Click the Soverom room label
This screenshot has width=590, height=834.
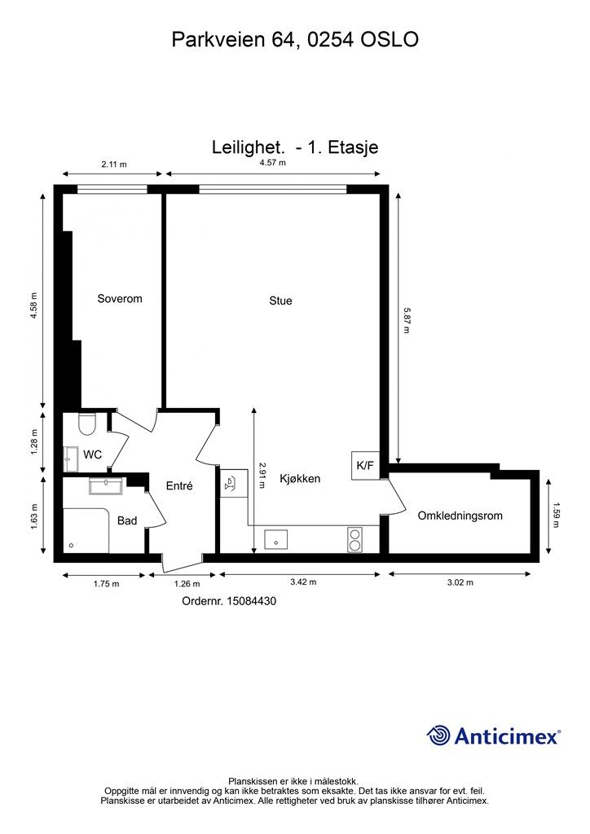tap(120, 298)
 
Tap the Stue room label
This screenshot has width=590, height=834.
tap(280, 301)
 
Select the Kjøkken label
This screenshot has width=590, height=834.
tap(300, 479)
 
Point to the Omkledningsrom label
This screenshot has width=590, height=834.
tap(460, 516)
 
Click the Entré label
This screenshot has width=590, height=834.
tap(179, 485)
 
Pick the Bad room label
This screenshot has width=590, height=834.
tap(127, 520)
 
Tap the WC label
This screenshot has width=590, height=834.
tap(93, 454)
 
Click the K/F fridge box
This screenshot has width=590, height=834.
tap(365, 465)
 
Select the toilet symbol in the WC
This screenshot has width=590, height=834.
tap(86, 423)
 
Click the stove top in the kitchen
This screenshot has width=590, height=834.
tap(354, 539)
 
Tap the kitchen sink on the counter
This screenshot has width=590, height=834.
tap(276, 539)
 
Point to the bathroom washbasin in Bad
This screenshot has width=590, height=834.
tap(106, 485)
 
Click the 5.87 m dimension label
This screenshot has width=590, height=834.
tap(407, 320)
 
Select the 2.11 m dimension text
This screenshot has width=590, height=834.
tap(114, 165)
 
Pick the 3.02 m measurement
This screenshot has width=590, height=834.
tap(460, 582)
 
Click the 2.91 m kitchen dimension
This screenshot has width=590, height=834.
tap(262, 476)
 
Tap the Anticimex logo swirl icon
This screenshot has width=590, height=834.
tap(438, 735)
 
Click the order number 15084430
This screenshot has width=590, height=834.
tap(252, 601)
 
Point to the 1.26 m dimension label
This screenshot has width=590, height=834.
tap(187, 584)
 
